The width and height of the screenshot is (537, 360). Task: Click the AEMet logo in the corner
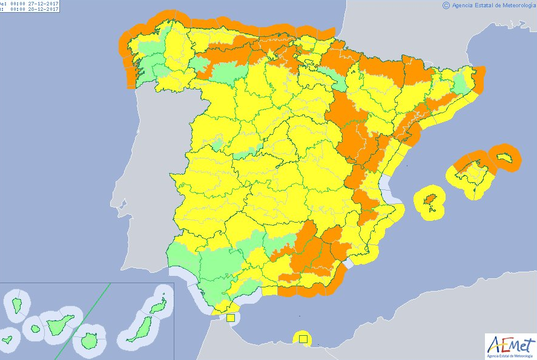click(x=510, y=345)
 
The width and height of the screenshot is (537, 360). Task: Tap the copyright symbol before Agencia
click(x=446, y=5)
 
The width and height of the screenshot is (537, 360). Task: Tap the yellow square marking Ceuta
click(x=230, y=317)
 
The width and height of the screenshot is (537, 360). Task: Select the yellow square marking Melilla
click(x=303, y=338)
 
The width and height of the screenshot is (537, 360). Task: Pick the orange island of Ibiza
click(x=430, y=200)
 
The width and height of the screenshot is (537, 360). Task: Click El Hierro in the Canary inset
click(x=8, y=339)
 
